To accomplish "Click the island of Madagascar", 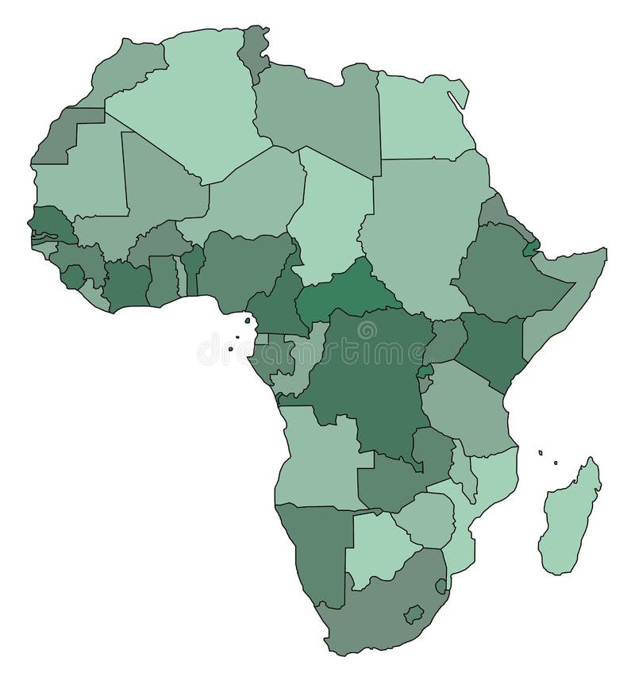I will click(x=570, y=516).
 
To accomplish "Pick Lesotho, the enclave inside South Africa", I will click(x=413, y=614).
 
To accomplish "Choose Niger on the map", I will click(x=254, y=190).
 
